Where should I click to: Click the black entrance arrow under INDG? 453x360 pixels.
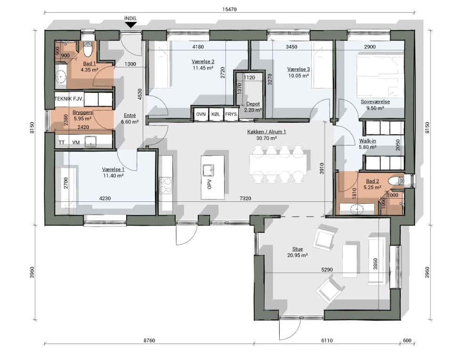point(131,25)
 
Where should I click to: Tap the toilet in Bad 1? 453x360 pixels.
point(87,48)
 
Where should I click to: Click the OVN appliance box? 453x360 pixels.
point(201,114)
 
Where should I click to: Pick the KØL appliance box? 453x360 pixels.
point(216,114)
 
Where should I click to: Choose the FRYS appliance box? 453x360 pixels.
point(231,114)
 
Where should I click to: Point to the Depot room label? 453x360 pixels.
point(253,104)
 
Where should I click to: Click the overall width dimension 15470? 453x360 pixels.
point(229,9)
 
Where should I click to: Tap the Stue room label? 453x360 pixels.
point(298,249)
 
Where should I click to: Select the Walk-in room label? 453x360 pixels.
point(367,141)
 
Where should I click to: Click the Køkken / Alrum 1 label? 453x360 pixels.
point(267,132)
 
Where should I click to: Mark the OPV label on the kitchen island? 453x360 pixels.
point(210,184)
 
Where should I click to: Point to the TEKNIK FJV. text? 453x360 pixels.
point(69,99)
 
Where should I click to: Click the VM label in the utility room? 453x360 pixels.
point(76,142)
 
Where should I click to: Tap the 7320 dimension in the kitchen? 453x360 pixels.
point(245,198)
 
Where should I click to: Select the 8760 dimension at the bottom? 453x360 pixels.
point(149,340)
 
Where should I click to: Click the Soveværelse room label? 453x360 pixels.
point(375,102)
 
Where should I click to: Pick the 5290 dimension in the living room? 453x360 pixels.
point(327,269)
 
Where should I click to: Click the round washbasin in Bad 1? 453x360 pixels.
point(61,77)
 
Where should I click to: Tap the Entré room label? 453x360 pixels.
point(129,115)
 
